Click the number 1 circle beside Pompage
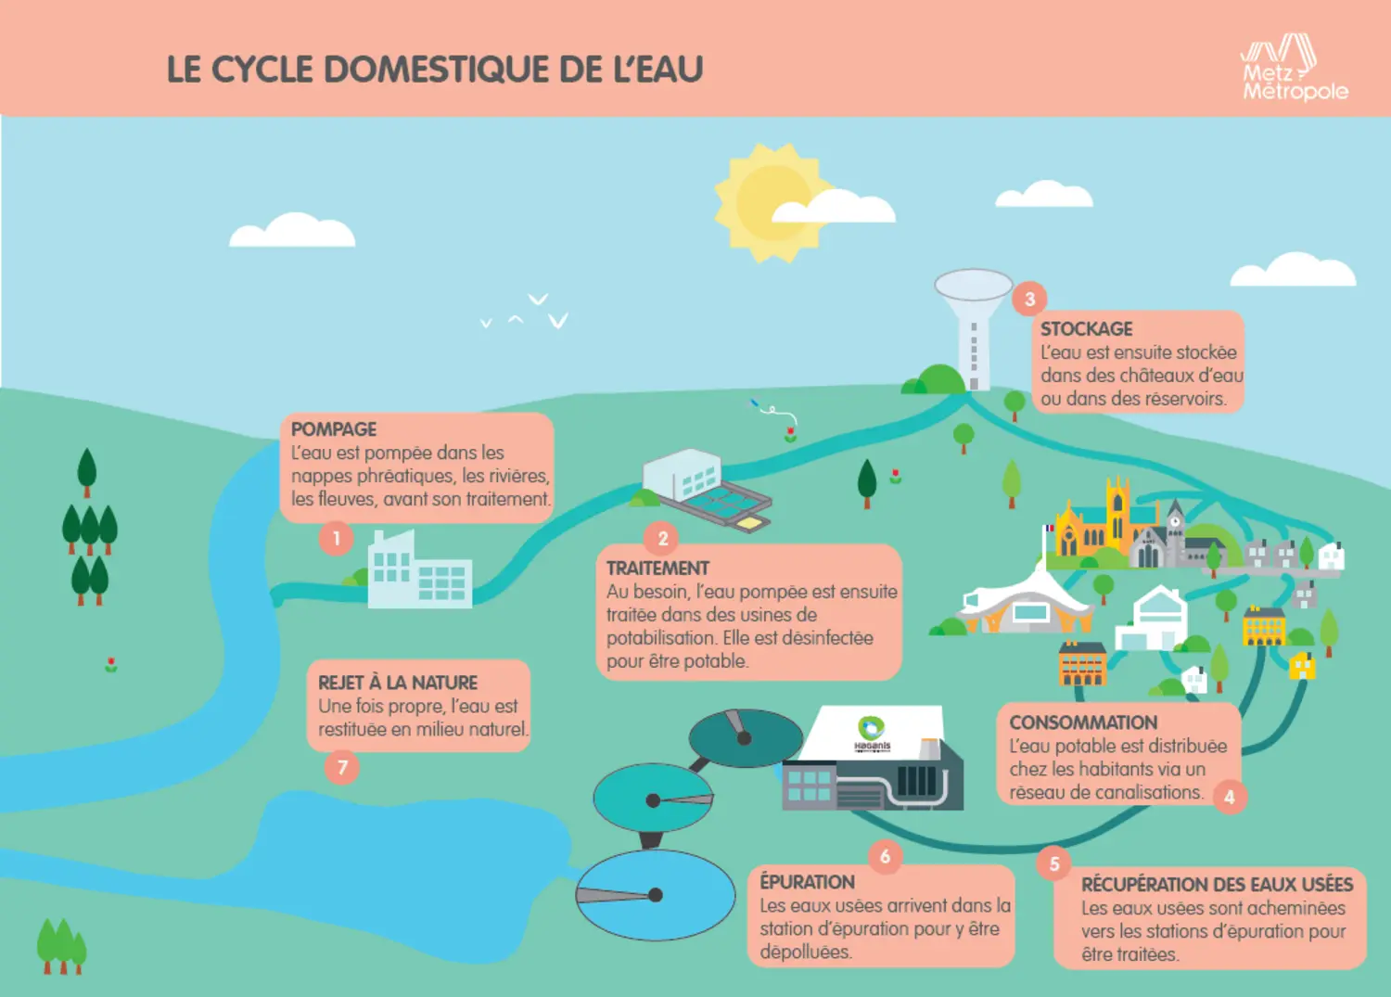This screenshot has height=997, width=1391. [x=336, y=538]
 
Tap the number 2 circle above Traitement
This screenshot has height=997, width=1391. [x=663, y=538]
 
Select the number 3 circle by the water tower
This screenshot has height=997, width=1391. [x=1029, y=299]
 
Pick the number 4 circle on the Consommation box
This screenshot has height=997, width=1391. [x=1229, y=797]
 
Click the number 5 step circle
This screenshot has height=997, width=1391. [x=1053, y=863]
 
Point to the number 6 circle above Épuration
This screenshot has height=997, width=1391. [x=885, y=856]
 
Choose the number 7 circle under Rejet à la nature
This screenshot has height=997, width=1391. [x=342, y=767]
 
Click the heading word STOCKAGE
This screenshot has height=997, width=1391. [x=1086, y=328]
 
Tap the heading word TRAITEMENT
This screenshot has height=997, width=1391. [x=657, y=569]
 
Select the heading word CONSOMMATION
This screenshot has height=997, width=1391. [x=1083, y=722]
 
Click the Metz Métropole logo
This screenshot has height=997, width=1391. [x=1295, y=69]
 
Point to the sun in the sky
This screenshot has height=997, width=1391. [x=773, y=202]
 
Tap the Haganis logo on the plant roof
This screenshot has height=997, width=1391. [x=872, y=734]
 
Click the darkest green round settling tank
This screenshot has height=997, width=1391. [x=746, y=738]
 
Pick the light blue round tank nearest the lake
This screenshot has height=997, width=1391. [x=655, y=894]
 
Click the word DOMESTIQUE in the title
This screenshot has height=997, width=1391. [x=437, y=69]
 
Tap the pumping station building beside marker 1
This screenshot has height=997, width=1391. [x=420, y=569]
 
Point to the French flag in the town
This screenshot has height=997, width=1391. [x=1050, y=529]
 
